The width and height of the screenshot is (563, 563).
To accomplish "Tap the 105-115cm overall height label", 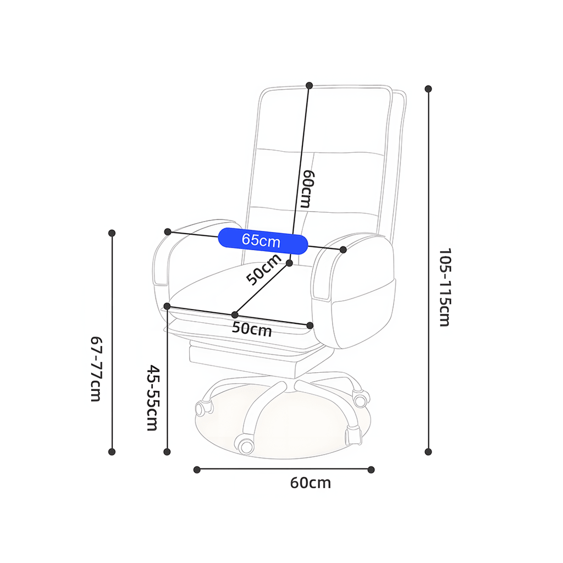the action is (444, 287).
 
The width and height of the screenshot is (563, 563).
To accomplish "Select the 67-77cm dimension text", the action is (96, 369).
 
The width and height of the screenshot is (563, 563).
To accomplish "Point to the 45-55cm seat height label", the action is (153, 398).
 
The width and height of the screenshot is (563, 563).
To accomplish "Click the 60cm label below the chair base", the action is (311, 483).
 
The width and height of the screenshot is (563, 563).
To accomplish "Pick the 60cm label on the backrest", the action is (307, 189).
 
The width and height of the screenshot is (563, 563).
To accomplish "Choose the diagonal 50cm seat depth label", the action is (264, 269).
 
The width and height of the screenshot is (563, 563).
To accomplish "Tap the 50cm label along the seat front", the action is (252, 329).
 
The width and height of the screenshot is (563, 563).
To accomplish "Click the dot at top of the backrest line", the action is (310, 85).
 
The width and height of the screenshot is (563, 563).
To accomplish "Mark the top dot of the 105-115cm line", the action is (428, 89).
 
